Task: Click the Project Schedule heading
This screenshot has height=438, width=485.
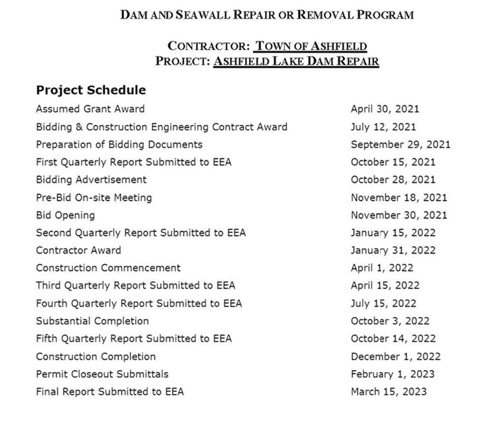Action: coord(91,90)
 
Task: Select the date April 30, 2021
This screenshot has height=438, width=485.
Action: coord(385,109)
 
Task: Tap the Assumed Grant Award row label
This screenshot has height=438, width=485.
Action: coord(90,109)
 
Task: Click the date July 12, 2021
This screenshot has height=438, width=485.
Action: coord(383,127)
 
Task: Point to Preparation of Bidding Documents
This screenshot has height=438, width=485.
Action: coord(119,144)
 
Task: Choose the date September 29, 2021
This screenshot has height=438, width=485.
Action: coord(400,144)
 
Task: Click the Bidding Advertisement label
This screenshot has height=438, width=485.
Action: coord(91,179)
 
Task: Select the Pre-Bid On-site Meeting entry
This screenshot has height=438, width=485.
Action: coord(94,197)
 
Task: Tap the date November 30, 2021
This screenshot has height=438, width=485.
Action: coord(399,215)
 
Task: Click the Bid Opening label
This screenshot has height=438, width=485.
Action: coord(65,215)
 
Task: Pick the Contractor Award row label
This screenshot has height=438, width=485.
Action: coord(78,250)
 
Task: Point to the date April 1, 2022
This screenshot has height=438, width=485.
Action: coord(382,268)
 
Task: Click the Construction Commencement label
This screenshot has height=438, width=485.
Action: coord(108,268)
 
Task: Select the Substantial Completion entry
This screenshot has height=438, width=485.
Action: coord(92,321)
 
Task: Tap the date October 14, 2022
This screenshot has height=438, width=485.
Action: coord(393,338)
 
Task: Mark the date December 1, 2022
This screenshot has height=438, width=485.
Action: coord(396,356)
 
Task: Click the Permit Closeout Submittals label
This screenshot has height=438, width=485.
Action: coord(102,374)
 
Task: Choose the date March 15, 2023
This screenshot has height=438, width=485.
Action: coord(389,391)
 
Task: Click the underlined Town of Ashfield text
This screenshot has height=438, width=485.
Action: coord(311,46)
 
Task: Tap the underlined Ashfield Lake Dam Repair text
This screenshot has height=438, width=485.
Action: coord(296,61)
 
